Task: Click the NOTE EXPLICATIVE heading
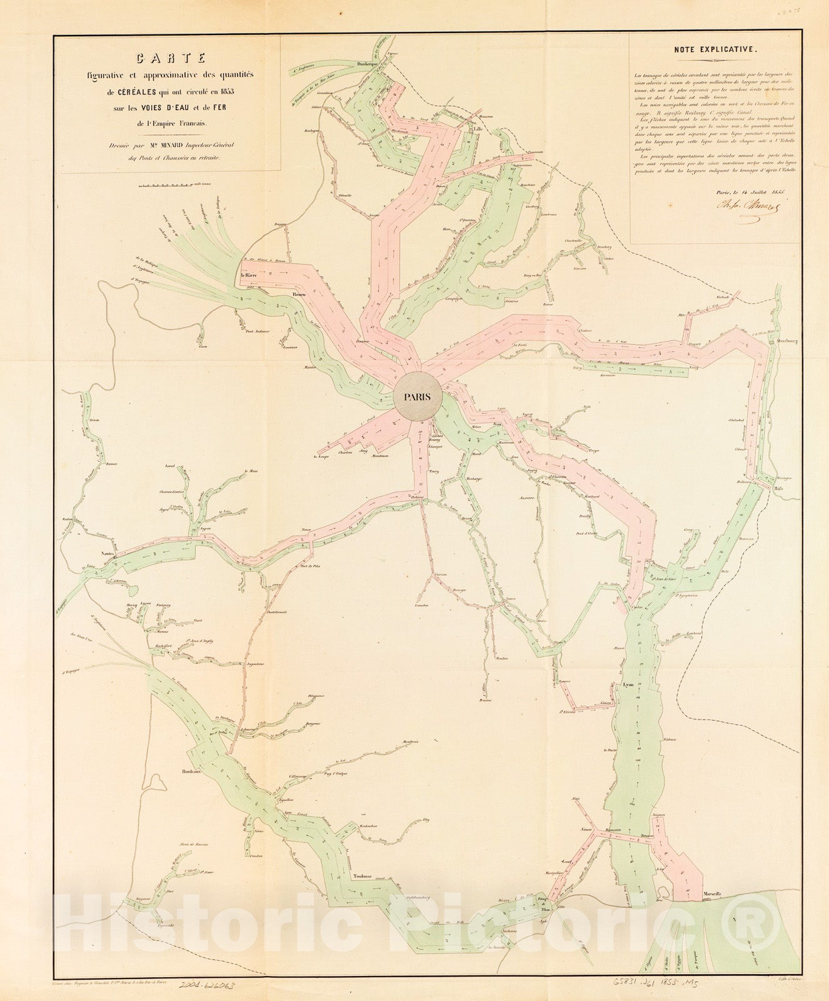point(715,48)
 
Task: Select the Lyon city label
point(628,684)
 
